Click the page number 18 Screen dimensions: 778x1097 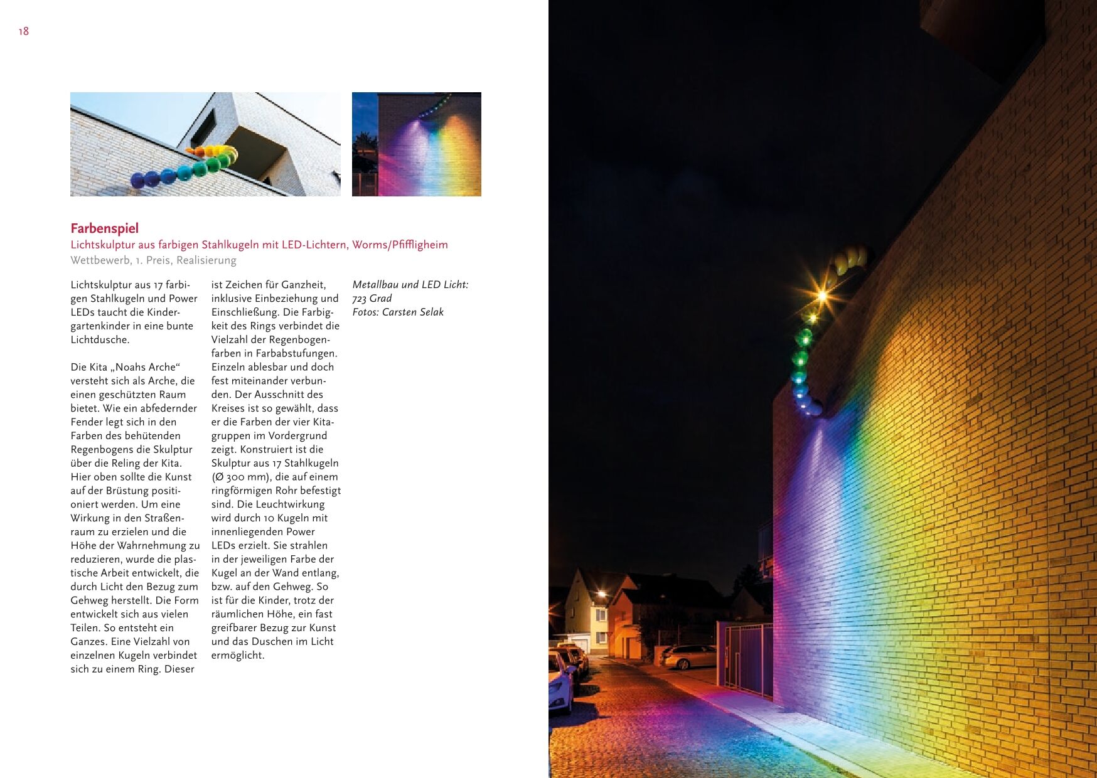point(24,31)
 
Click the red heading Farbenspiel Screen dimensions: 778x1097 point(104,228)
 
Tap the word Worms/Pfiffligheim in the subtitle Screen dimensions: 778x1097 point(400,245)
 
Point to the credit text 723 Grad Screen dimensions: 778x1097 point(372,299)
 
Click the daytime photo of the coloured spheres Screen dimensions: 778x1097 point(205,144)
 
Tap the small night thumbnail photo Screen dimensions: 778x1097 point(417,144)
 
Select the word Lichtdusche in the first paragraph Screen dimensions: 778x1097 point(100,340)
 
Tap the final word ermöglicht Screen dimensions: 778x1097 point(238,656)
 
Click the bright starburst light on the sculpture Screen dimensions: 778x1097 point(821,294)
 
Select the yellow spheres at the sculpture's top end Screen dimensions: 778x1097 point(851,258)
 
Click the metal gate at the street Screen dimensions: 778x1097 point(746,659)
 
